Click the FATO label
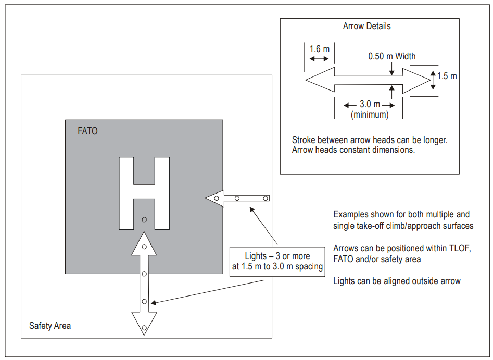87,131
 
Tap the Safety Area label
50,326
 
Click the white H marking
144,193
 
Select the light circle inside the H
144,220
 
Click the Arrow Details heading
366,26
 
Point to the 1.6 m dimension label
320,49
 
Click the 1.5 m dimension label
447,76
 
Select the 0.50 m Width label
392,56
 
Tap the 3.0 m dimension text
370,104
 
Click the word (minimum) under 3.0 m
370,114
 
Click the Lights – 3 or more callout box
277,262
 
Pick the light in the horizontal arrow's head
217,198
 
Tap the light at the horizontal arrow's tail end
266,198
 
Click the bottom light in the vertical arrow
144,328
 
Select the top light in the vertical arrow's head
144,247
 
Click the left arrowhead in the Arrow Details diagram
320,80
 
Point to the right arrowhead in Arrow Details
416,81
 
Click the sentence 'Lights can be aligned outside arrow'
397,281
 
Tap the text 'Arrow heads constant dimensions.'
353,150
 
